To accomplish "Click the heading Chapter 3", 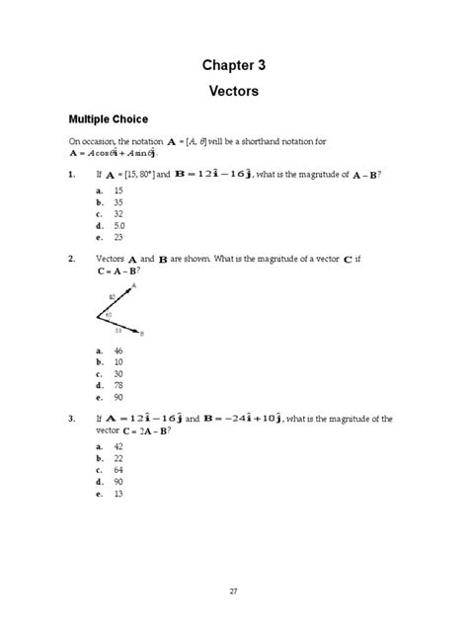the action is point(233,65).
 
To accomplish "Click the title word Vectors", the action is point(233,91).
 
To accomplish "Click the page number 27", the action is point(233,590).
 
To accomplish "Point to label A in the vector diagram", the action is point(133,284).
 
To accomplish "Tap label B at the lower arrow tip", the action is point(142,335).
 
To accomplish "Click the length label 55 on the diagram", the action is point(117,331).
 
